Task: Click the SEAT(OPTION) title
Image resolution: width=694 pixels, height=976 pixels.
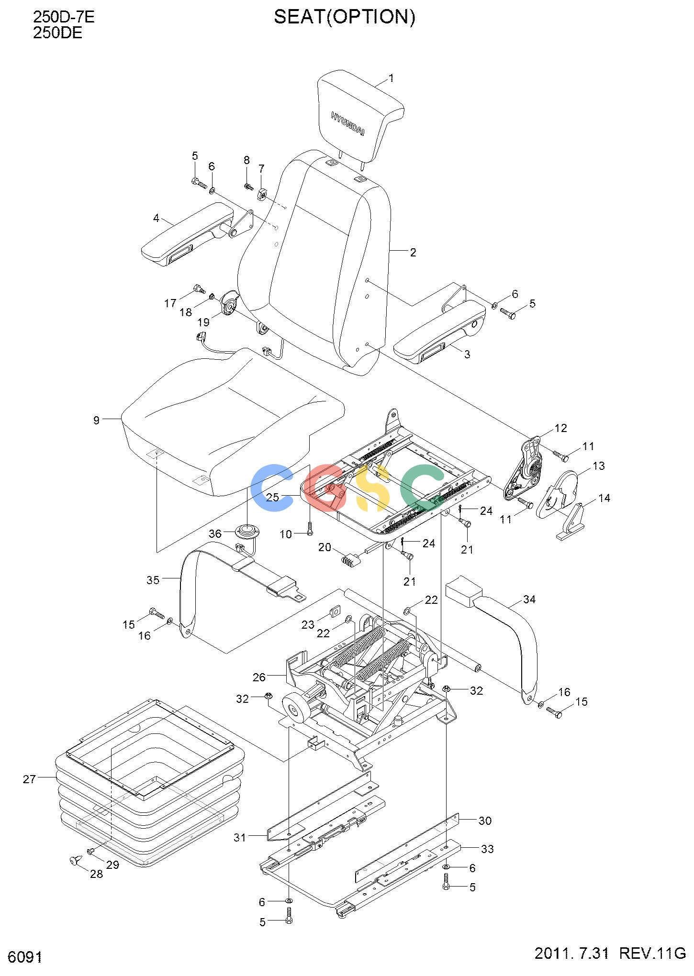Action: coord(345,17)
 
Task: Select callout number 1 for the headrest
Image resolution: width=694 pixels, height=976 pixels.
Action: coord(391,78)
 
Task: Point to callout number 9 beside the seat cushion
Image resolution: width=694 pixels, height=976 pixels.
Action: coord(96,421)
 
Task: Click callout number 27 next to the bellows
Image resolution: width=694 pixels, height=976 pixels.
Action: coord(29,779)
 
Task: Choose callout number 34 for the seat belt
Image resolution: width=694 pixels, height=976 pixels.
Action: coord(529,599)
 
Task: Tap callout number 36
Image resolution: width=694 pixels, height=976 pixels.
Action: coord(215,533)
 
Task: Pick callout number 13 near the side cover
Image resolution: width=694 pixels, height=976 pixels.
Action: coord(598,466)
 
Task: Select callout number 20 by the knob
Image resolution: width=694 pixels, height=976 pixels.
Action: coord(325,547)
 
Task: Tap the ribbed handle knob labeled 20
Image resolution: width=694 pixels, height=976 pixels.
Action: coord(350,559)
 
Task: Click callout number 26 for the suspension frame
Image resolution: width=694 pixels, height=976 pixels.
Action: coord(259,677)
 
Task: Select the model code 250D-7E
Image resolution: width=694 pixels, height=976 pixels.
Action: coord(64,17)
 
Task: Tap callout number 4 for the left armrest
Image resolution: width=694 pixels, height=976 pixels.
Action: coord(156,218)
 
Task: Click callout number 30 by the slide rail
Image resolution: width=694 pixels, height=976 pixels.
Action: coord(485,821)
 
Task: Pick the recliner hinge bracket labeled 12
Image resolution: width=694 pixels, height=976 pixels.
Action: coord(524,468)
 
